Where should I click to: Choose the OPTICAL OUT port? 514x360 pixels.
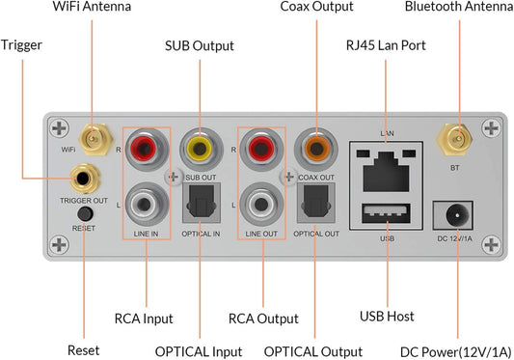pos(314,204)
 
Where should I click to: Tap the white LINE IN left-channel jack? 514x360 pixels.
pos(146,204)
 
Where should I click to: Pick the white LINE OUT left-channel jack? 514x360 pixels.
pos(262,204)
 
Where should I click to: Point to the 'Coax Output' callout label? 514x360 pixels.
pos(316,8)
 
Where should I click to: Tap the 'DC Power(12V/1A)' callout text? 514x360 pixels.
pos(458,350)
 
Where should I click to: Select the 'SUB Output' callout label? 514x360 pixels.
pos(201,45)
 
